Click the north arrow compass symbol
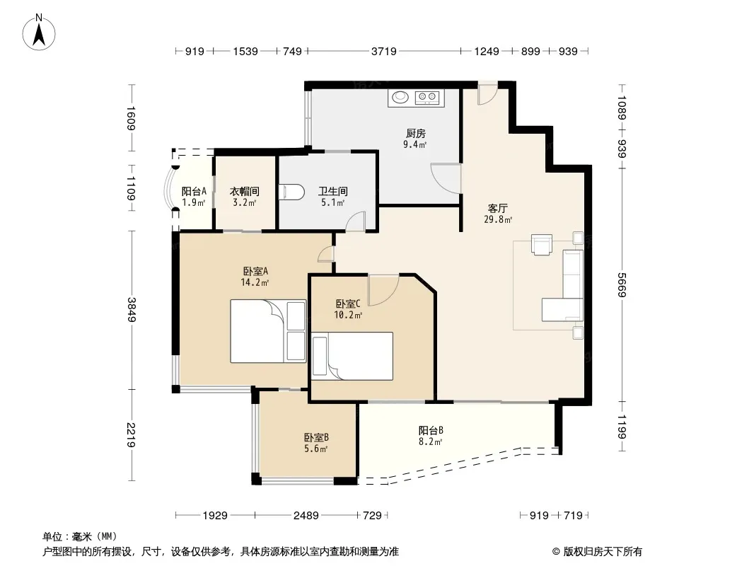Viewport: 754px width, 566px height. (x=39, y=33)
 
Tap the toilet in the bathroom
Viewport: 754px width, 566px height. (x=293, y=192)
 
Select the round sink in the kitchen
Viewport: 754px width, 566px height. (x=400, y=97)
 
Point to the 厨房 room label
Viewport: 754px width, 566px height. (x=415, y=133)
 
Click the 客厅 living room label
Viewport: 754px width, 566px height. (x=498, y=208)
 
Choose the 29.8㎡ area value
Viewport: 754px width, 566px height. (x=498, y=220)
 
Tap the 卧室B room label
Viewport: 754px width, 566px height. (x=316, y=438)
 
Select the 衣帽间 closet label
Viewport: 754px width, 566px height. (x=244, y=192)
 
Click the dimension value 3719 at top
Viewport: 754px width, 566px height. (x=384, y=51)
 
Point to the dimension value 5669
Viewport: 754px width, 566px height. (x=622, y=284)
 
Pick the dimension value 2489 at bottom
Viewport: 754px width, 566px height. (x=306, y=516)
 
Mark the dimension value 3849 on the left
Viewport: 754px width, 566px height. (x=132, y=310)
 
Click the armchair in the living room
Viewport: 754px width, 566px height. (x=542, y=244)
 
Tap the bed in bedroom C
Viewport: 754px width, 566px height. (x=352, y=356)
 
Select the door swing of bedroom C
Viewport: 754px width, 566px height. (x=383, y=290)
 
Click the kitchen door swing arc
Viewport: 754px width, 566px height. (x=446, y=179)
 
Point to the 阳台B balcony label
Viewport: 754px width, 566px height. (x=430, y=430)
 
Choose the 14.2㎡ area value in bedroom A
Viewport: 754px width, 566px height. (x=255, y=283)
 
